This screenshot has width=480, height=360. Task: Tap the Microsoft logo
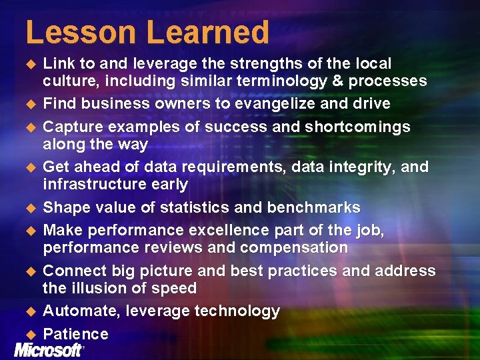pyautogui.click(x=47, y=350)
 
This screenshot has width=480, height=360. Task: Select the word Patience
pyautogui.click(x=75, y=334)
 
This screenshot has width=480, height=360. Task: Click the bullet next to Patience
pyautogui.click(x=29, y=334)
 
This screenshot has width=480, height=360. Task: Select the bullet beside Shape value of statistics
pyautogui.click(x=29, y=208)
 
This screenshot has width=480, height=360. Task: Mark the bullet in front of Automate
pyautogui.click(x=29, y=311)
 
